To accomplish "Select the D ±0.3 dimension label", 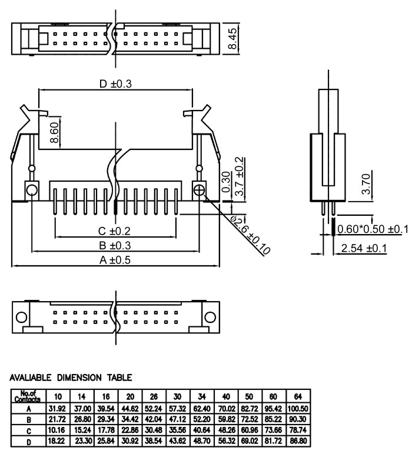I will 115,84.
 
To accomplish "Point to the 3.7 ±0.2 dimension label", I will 239,175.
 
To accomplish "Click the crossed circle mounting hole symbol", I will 200,191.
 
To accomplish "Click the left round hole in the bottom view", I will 21,318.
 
